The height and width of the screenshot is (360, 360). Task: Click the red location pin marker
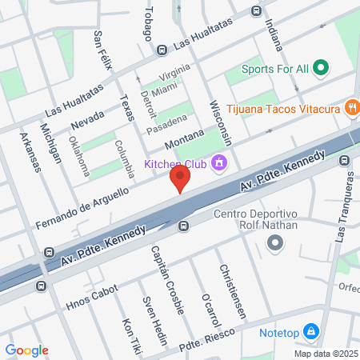click(x=182, y=178)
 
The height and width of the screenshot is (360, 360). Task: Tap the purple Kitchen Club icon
click(x=221, y=165)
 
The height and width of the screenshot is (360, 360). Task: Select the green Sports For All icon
click(x=321, y=68)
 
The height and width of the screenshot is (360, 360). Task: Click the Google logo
click(x=26, y=350)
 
